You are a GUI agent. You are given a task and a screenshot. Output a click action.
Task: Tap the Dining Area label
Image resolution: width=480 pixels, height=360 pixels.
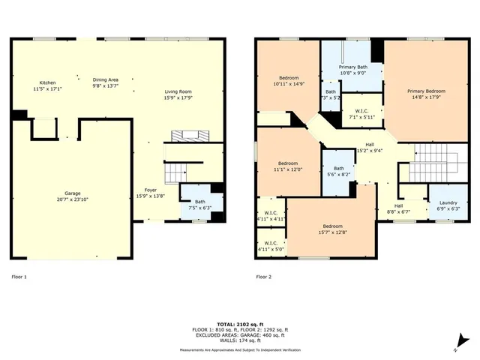[x=106, y=79]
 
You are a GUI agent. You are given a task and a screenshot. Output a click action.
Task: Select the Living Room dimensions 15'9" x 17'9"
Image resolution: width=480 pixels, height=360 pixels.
[x=178, y=97]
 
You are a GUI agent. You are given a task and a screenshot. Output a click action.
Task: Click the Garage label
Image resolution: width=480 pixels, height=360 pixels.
[x=72, y=193]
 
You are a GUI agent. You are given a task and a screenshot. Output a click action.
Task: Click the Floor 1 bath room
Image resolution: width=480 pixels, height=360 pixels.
[x=199, y=203]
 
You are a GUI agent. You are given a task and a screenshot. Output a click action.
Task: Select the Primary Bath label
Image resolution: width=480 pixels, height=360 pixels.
[x=352, y=68]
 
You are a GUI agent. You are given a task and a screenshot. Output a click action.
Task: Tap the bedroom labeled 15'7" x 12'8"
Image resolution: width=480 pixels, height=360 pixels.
[x=333, y=226]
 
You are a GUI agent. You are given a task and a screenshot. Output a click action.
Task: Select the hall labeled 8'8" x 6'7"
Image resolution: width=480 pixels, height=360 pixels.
[x=399, y=208]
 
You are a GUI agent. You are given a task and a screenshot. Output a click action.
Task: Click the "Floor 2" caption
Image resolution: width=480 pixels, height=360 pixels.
[x=263, y=277]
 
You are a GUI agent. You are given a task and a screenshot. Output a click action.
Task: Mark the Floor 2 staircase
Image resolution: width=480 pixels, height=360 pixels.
[x=432, y=157]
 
